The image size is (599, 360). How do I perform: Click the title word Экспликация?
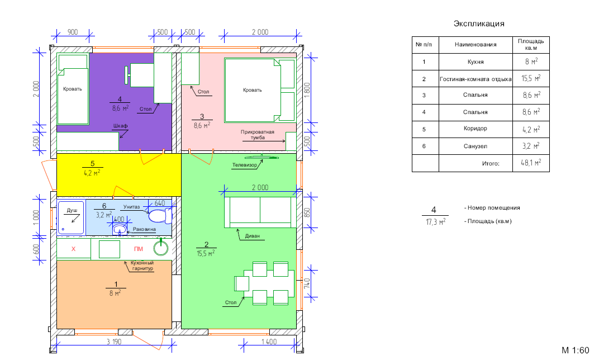point(479,23)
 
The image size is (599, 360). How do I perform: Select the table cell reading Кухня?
point(476,61)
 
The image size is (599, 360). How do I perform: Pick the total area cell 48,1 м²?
point(531,163)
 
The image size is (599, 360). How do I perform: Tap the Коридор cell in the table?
point(476,129)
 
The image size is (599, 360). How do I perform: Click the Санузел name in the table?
point(476,146)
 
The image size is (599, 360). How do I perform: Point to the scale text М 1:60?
point(576,350)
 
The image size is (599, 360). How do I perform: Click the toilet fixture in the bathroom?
point(160,216)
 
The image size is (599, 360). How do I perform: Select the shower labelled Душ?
point(70,217)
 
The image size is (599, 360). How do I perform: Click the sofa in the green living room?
point(260,212)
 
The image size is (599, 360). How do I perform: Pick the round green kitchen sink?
point(161,248)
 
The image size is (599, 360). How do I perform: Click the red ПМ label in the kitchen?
point(138,249)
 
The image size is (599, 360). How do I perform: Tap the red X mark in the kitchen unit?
point(73,249)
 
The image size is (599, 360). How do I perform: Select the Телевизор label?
point(245,165)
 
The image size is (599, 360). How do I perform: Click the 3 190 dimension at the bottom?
point(114,342)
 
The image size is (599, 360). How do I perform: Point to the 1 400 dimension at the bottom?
point(269,342)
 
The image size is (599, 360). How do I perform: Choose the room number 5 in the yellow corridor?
point(92,164)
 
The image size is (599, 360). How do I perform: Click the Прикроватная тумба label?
point(258,135)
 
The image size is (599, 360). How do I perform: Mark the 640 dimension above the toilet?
point(160,203)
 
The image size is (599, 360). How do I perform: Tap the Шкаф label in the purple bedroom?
point(120,126)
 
